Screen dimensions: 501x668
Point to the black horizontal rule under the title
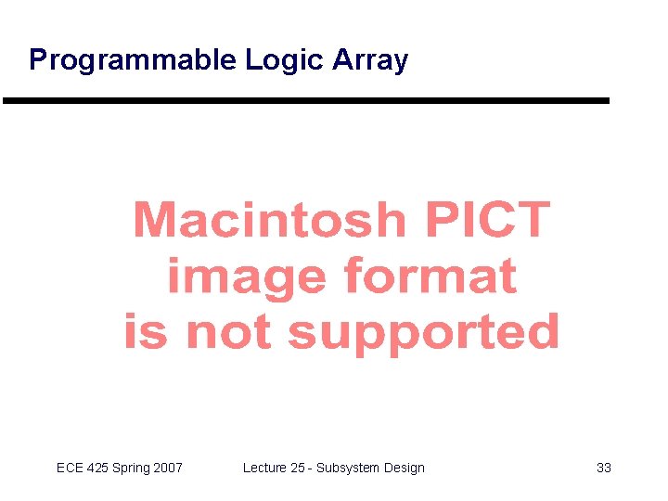(x=306, y=100)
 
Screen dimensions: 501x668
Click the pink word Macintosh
(x=270, y=221)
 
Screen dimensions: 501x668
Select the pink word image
(x=246, y=276)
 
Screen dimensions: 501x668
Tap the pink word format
(x=430, y=276)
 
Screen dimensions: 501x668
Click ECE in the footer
(x=70, y=468)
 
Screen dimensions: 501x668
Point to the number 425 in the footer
(x=98, y=468)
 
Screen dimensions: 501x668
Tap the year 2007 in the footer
(x=168, y=468)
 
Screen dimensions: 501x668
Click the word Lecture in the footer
(x=264, y=468)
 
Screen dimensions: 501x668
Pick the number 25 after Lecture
(x=298, y=468)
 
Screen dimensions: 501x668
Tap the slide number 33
(x=604, y=468)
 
